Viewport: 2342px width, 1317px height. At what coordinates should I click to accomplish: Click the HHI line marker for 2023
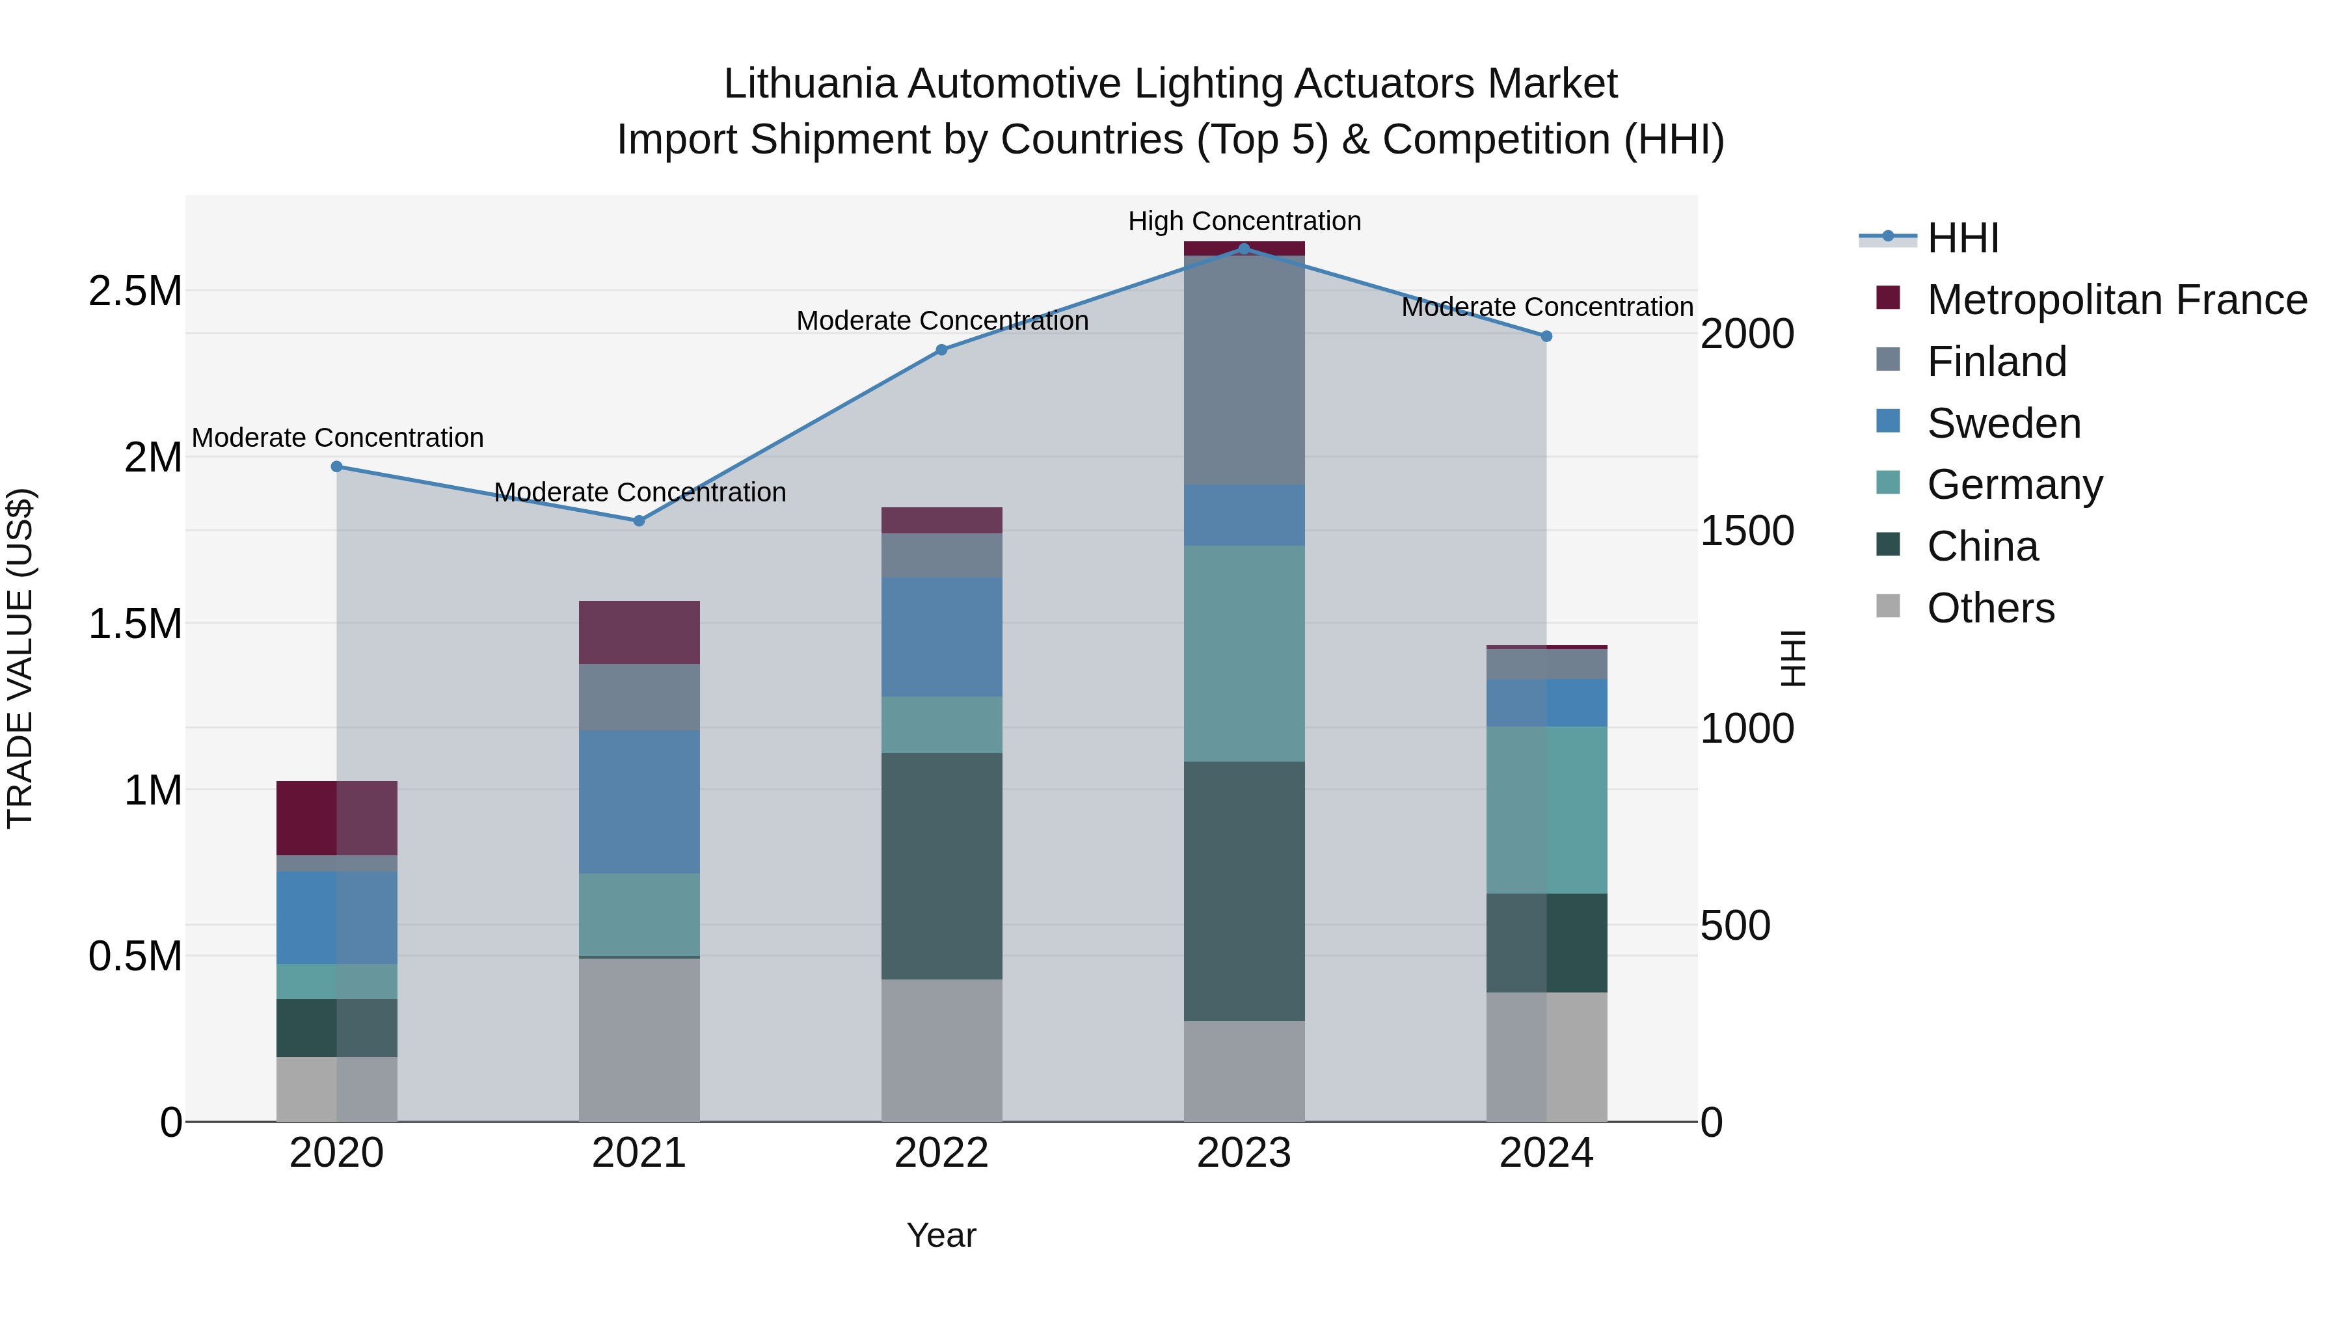(x=1244, y=248)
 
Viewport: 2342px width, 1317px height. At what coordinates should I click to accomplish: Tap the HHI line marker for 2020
(x=336, y=466)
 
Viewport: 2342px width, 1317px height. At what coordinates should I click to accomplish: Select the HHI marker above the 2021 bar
(x=639, y=521)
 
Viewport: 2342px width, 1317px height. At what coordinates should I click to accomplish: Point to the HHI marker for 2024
(x=1546, y=336)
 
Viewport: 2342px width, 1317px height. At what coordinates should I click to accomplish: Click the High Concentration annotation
(x=1244, y=221)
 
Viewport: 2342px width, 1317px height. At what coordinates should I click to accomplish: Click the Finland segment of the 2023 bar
(x=1244, y=370)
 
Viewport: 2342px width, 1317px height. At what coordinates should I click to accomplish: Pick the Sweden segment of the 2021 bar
(x=639, y=802)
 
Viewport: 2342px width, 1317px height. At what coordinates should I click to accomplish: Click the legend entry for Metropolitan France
(x=2116, y=300)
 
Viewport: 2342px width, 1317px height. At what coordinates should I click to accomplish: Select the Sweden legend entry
(x=2004, y=423)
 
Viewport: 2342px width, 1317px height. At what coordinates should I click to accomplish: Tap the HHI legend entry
(x=1962, y=238)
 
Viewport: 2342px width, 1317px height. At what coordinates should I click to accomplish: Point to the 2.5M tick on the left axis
(x=135, y=292)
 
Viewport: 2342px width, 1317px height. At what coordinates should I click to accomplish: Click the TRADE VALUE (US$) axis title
(x=20, y=658)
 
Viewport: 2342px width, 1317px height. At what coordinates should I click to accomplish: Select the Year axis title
(x=941, y=1235)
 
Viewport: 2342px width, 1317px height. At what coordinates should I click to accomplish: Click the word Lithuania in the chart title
(x=809, y=84)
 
